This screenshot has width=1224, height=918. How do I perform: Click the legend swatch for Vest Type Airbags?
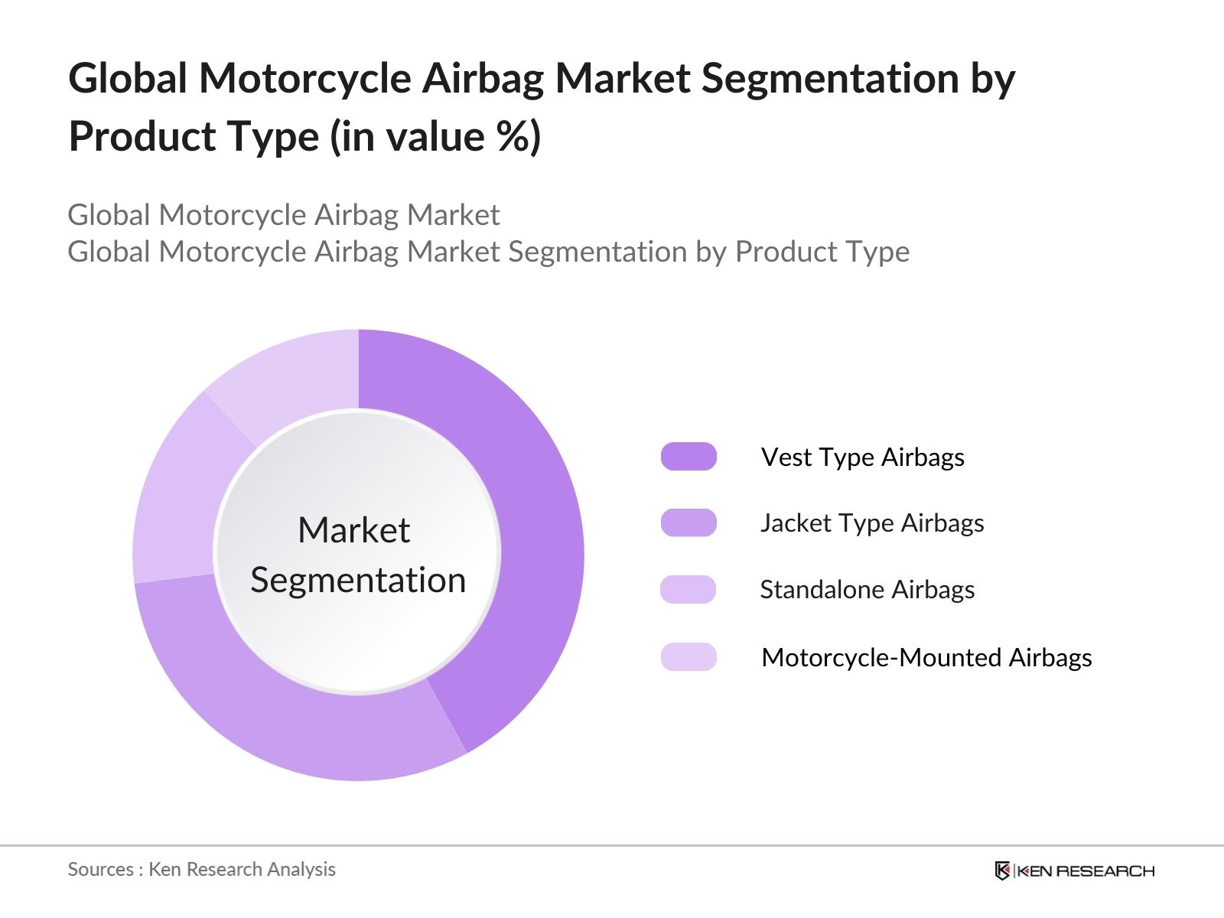coord(688,457)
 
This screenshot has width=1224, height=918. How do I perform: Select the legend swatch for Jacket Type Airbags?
coord(688,523)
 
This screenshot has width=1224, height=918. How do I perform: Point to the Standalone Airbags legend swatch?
coord(688,590)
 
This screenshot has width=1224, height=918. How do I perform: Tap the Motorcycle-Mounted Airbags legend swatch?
coord(688,657)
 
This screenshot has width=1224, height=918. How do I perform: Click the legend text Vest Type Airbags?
coord(862,457)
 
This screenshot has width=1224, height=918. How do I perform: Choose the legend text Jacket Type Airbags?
coord(871,523)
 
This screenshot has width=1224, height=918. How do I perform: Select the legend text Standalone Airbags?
coord(867,590)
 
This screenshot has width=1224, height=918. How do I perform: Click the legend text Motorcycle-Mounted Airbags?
coord(926,657)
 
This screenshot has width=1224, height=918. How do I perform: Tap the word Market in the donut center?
coord(353,530)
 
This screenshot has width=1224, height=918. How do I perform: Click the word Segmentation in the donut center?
coord(358,580)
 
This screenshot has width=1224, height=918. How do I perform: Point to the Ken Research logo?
coord(1074,871)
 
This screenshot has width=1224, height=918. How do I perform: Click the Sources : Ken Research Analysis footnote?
coord(201,869)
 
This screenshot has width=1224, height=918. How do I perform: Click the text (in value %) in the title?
coord(435,137)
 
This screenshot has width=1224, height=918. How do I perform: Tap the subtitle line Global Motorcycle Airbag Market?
coord(283,215)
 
